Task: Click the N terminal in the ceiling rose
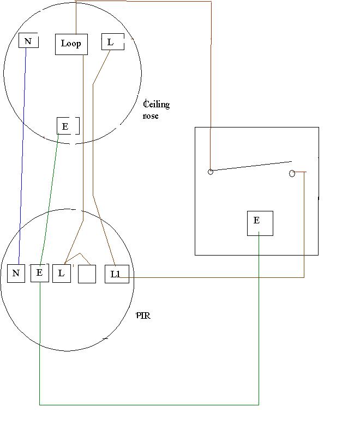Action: click(28, 40)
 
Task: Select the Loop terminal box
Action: click(71, 44)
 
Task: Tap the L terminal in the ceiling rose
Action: click(113, 41)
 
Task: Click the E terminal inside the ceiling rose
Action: click(68, 126)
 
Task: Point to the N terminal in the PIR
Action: click(16, 274)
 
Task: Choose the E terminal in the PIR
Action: click(40, 273)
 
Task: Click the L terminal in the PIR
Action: click(62, 274)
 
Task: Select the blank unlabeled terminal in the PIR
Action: click(87, 274)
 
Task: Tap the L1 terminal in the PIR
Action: click(117, 274)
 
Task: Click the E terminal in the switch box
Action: click(260, 223)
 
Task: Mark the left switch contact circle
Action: click(211, 172)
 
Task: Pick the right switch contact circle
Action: click(292, 173)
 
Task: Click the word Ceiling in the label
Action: click(157, 104)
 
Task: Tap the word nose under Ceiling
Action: click(151, 116)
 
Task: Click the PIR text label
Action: click(143, 316)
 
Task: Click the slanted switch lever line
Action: click(251, 166)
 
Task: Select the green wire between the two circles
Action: click(49, 199)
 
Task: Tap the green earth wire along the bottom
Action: click(149, 405)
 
